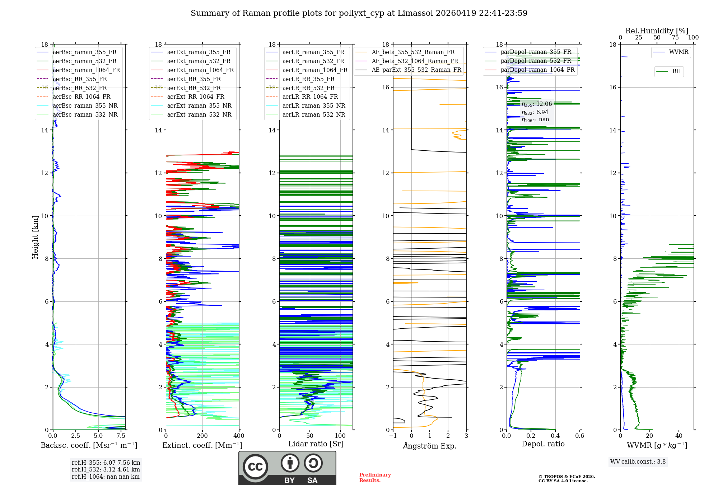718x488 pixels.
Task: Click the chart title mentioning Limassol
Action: point(359,13)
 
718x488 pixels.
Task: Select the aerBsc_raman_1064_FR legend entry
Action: point(86,70)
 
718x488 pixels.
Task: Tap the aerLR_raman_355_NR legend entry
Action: point(313,105)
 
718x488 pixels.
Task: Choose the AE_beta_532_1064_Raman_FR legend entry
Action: point(415,61)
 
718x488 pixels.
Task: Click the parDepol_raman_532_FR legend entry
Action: point(536,61)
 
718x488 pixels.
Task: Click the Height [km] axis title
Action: point(35,237)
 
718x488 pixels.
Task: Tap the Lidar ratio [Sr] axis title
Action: point(316,444)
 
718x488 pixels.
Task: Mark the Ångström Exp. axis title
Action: point(430,446)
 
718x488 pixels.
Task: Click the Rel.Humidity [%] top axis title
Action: point(657,31)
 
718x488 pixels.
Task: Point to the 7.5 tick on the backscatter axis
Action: point(121,436)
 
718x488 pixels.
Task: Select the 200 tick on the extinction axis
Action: point(202,436)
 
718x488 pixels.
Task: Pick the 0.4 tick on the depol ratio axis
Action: point(555,436)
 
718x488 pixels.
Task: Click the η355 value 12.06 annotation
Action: point(537,104)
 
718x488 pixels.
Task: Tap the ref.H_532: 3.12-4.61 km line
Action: point(106,469)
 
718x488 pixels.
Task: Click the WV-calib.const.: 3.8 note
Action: point(638,462)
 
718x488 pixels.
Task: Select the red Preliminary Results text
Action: point(375,478)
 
